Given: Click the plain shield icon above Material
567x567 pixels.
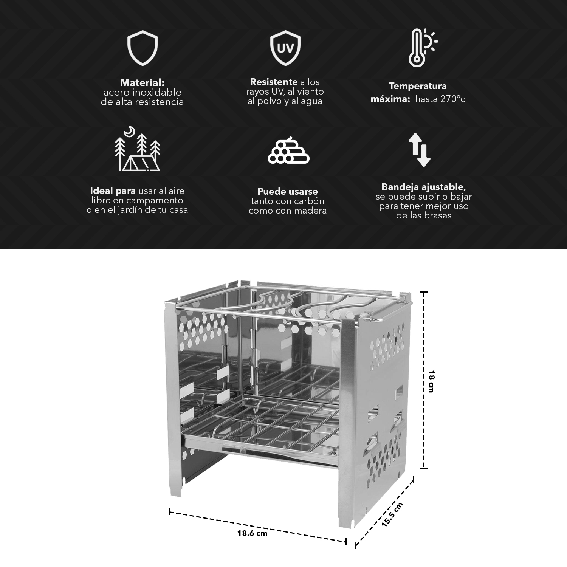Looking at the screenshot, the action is [x=142, y=48].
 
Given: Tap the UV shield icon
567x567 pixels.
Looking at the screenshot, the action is [x=285, y=48].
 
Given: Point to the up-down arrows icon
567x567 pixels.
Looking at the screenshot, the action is [x=419, y=150].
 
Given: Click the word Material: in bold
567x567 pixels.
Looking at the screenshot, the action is [x=142, y=83].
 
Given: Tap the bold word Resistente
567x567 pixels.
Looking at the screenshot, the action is [x=274, y=82].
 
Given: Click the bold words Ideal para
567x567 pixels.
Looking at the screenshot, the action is [x=113, y=191].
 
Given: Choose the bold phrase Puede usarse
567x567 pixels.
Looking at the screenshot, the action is [x=288, y=191].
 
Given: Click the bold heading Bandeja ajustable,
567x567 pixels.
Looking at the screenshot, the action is [x=424, y=187].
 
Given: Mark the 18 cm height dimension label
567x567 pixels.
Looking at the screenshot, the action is [x=431, y=381].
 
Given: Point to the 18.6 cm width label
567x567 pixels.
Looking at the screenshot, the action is [x=252, y=533].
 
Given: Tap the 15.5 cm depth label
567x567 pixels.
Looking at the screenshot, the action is [x=392, y=514].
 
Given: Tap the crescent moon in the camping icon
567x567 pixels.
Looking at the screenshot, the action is [x=130, y=131].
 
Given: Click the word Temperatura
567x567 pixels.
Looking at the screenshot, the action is [x=418, y=86].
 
